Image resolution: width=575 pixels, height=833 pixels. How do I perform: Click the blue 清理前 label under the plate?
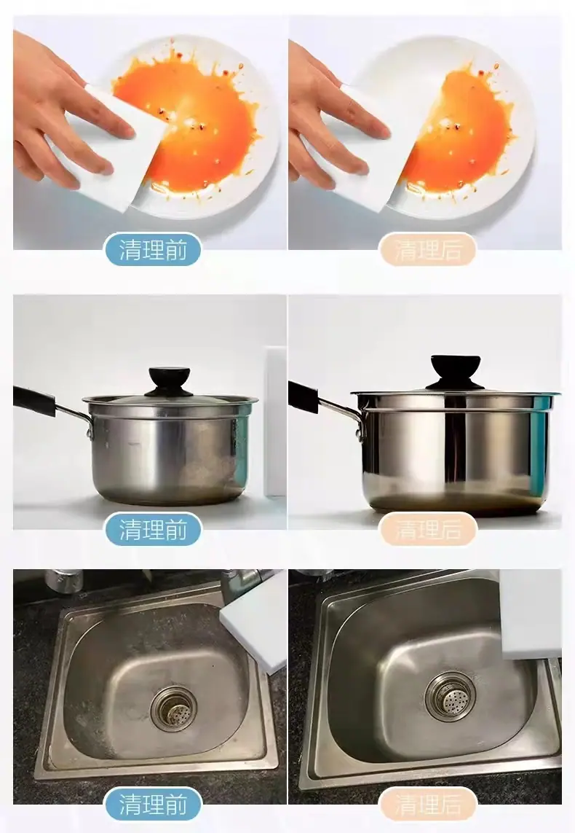pyautogui.click(x=154, y=250)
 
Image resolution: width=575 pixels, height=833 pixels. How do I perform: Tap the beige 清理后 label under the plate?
pyautogui.click(x=427, y=250)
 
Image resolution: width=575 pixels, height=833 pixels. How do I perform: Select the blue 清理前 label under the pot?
pyautogui.click(x=154, y=529)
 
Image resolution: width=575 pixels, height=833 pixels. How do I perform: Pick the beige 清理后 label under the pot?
pyautogui.click(x=428, y=529)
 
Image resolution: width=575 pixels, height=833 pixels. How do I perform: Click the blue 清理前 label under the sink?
pyautogui.click(x=154, y=805)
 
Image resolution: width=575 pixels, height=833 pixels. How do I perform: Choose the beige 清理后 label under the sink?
pyautogui.click(x=428, y=805)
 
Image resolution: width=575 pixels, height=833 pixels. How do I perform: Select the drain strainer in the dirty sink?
pyautogui.click(x=174, y=708)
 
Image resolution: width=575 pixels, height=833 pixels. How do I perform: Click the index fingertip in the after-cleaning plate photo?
pyautogui.click(x=383, y=130)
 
